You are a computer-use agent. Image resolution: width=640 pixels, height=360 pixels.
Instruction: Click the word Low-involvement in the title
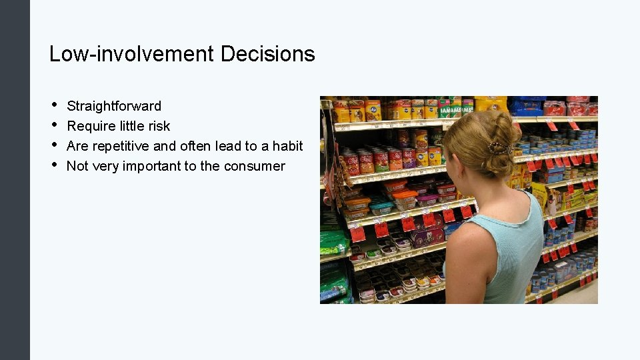[x=132, y=54]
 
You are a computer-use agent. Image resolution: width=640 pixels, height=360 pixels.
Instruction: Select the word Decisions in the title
[x=267, y=54]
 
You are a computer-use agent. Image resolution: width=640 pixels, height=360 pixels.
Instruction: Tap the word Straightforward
[x=114, y=106]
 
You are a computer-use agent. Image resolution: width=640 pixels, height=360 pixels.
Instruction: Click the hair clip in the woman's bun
[x=499, y=148]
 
